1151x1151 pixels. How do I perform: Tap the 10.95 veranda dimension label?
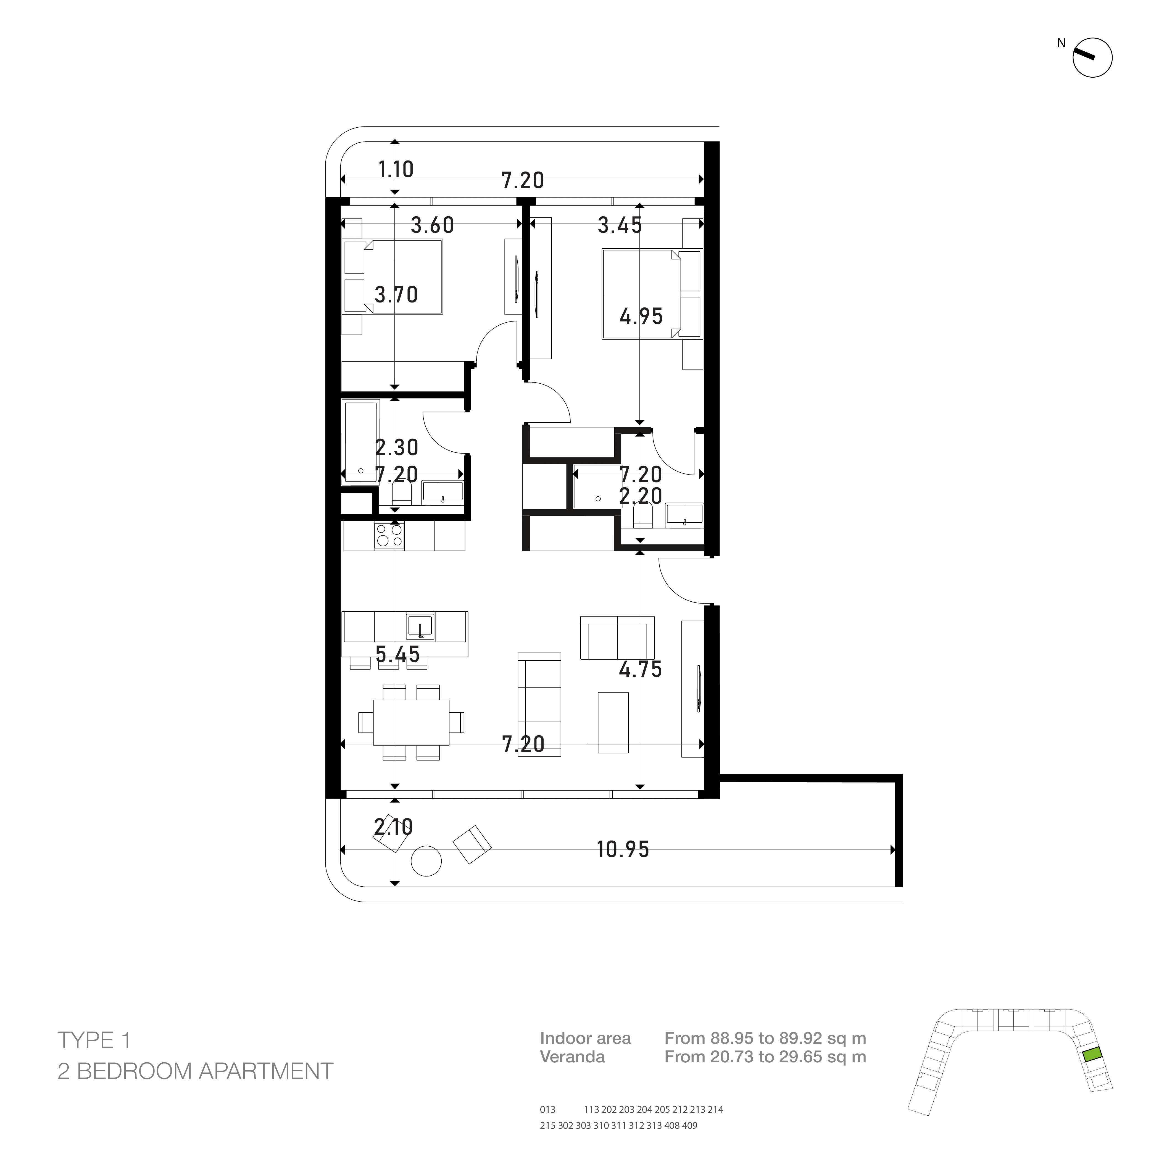[x=623, y=850]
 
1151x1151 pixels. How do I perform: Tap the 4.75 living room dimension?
[x=641, y=670]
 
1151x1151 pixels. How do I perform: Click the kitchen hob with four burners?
[x=389, y=535]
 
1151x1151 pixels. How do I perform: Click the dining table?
[x=411, y=722]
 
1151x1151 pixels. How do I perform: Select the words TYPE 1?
[x=94, y=1040]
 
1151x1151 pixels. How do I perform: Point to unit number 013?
[x=547, y=1109]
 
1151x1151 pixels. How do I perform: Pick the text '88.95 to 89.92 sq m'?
[x=788, y=1038]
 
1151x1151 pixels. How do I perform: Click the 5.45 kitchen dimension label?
[x=398, y=655]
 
